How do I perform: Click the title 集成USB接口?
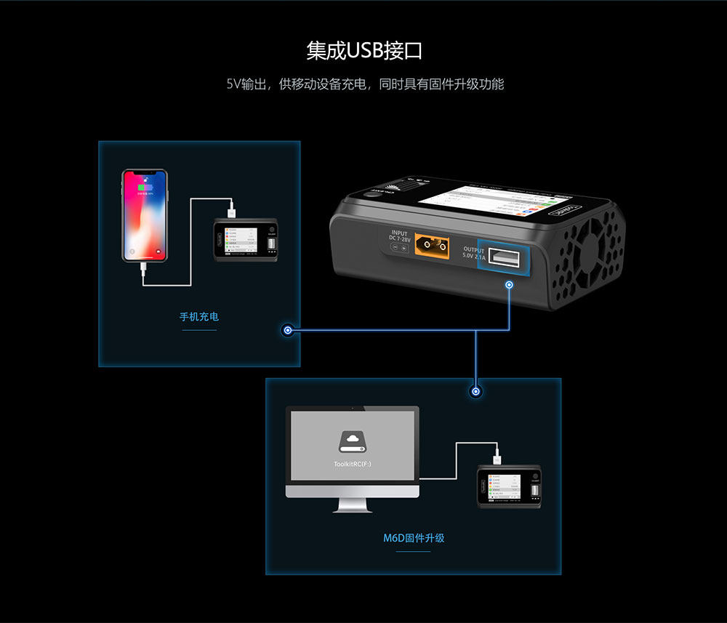(x=364, y=51)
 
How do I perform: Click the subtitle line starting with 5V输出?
(x=364, y=84)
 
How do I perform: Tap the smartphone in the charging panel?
(x=145, y=216)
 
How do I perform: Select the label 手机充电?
(x=199, y=317)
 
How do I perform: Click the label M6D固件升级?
(x=414, y=539)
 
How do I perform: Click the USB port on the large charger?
(x=502, y=257)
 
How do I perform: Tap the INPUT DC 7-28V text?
(x=401, y=237)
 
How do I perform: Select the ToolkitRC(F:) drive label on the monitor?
(x=353, y=463)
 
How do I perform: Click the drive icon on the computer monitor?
(x=353, y=442)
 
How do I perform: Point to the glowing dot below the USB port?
(x=510, y=284)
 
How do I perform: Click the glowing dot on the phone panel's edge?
(x=288, y=331)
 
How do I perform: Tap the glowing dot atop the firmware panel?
(x=476, y=392)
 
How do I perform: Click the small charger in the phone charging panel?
(x=246, y=240)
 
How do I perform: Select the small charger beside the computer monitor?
(x=510, y=487)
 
